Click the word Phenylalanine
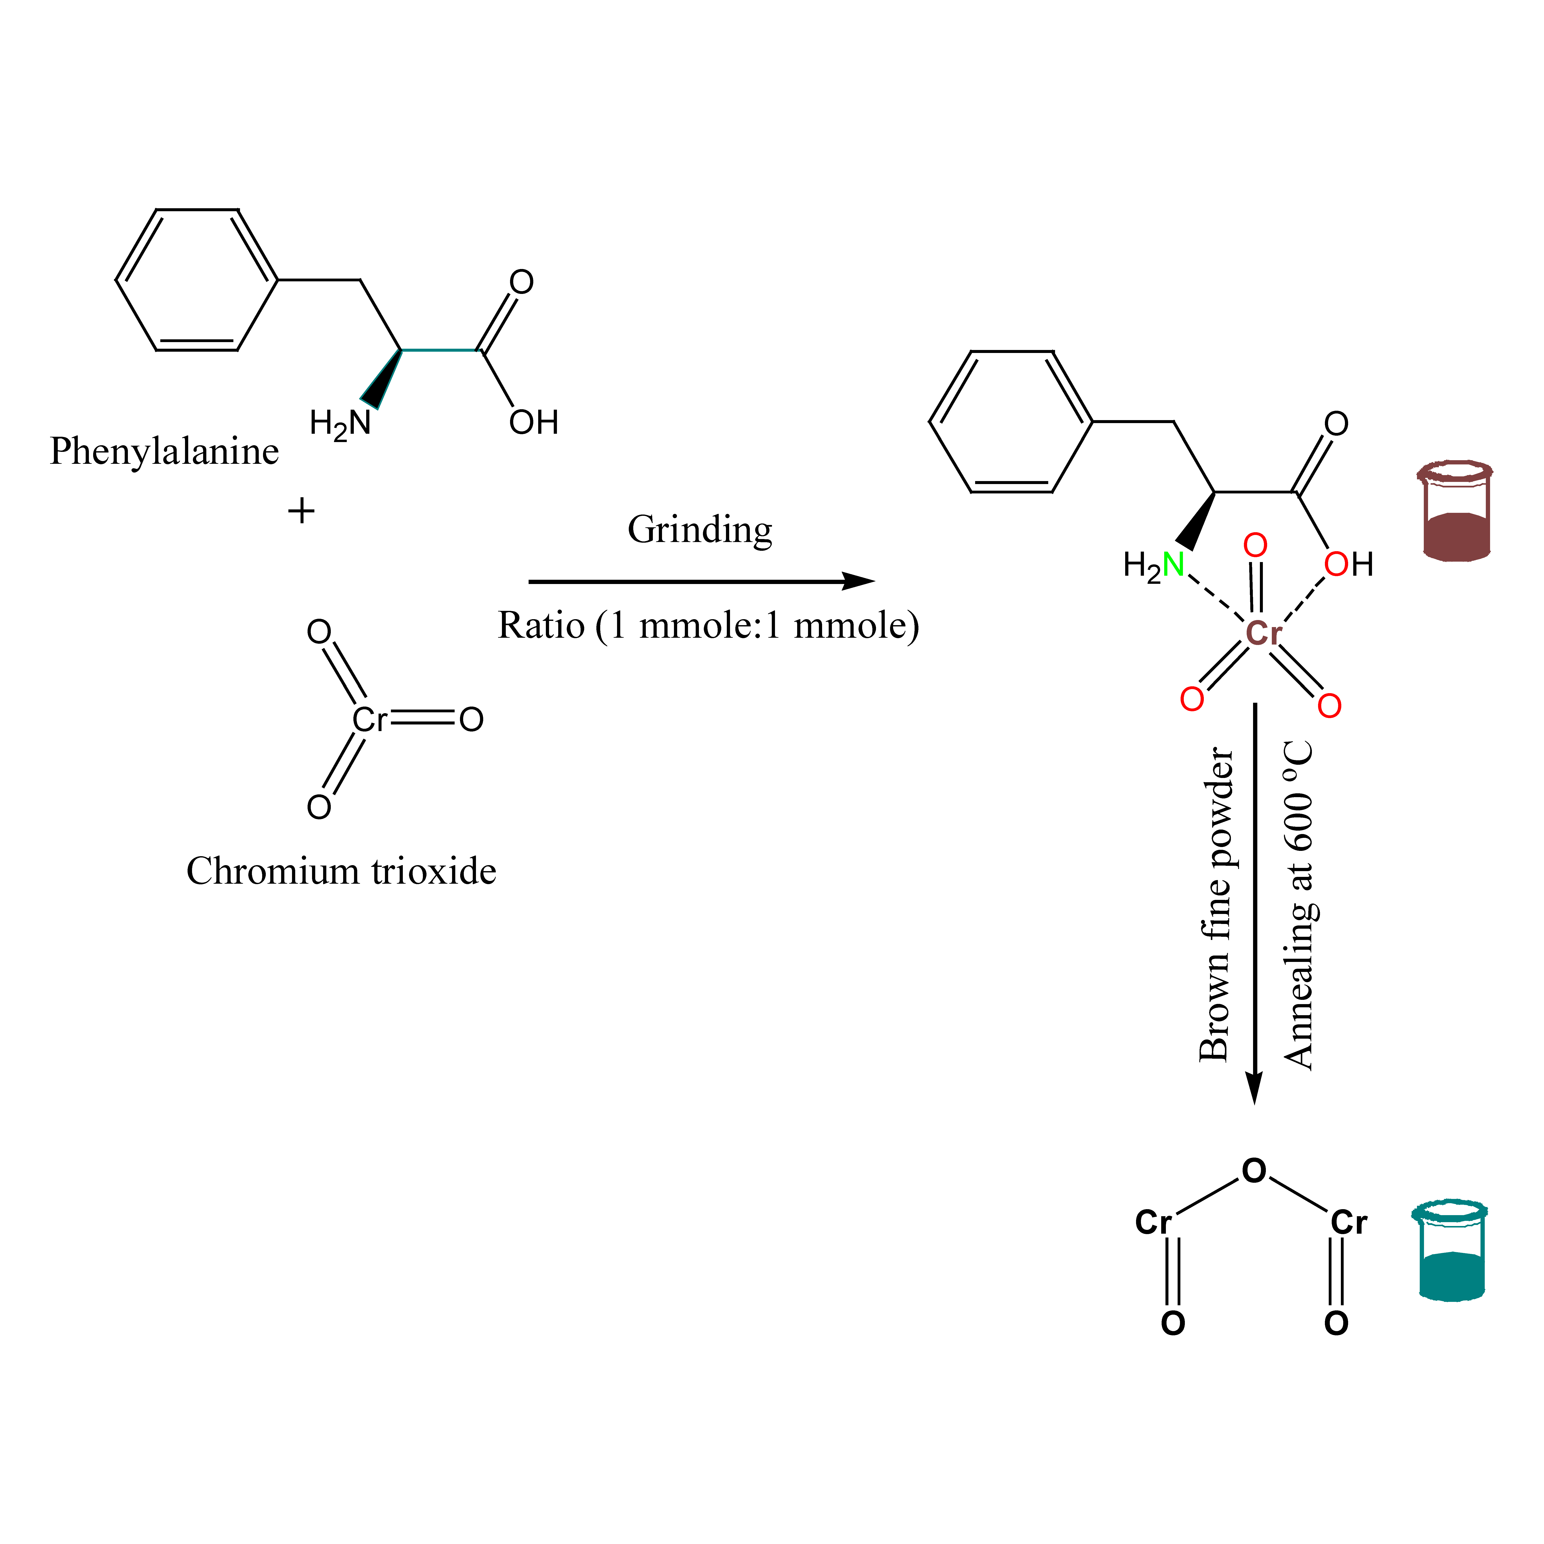tap(164, 451)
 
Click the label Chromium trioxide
tap(341, 871)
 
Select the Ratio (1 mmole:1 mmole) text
tap(708, 625)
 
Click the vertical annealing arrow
tap(1255, 903)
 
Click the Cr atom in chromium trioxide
tap(369, 720)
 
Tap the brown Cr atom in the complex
tap(1264, 633)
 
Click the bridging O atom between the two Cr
tap(1254, 1171)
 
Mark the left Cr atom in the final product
tap(1153, 1222)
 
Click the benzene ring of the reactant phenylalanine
tap(197, 280)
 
